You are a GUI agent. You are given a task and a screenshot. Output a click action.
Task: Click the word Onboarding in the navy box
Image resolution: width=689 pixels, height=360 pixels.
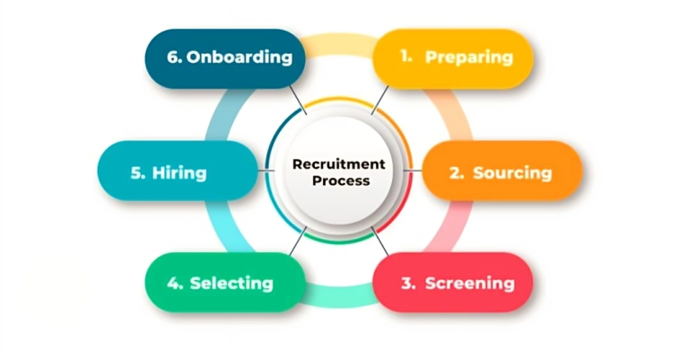(x=240, y=57)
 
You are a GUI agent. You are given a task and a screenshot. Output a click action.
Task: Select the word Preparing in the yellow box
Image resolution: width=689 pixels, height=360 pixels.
(x=469, y=57)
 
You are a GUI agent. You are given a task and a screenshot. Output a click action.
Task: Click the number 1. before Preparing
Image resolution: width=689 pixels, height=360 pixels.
(x=406, y=57)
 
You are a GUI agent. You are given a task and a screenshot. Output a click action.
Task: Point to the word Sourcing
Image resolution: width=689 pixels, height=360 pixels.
(x=512, y=172)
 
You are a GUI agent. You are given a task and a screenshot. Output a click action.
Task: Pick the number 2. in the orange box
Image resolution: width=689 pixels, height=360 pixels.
(x=457, y=172)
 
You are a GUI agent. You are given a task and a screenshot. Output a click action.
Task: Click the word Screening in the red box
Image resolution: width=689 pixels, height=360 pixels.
(x=470, y=284)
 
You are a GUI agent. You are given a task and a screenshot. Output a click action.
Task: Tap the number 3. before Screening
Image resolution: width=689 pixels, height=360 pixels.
(x=408, y=284)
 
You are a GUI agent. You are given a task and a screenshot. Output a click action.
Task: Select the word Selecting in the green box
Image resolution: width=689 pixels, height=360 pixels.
(x=231, y=283)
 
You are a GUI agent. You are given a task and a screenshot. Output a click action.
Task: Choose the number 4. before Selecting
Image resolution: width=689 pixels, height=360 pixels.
(x=175, y=283)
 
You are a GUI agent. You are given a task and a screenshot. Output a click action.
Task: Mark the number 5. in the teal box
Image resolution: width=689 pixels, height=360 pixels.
(x=138, y=172)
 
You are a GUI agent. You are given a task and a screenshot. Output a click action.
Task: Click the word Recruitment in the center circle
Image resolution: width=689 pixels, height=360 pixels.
(x=339, y=164)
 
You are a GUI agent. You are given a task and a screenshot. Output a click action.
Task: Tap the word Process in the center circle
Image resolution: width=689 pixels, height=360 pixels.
(x=340, y=180)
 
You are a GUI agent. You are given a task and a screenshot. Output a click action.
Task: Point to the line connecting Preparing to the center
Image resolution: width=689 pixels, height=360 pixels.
(x=380, y=100)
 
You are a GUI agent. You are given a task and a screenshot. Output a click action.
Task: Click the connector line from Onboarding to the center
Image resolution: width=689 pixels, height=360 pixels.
(x=297, y=100)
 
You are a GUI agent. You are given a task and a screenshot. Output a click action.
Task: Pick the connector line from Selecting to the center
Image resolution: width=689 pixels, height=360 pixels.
(x=297, y=241)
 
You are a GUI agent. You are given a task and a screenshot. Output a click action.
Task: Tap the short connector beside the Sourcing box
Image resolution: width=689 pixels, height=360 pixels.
(x=414, y=171)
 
